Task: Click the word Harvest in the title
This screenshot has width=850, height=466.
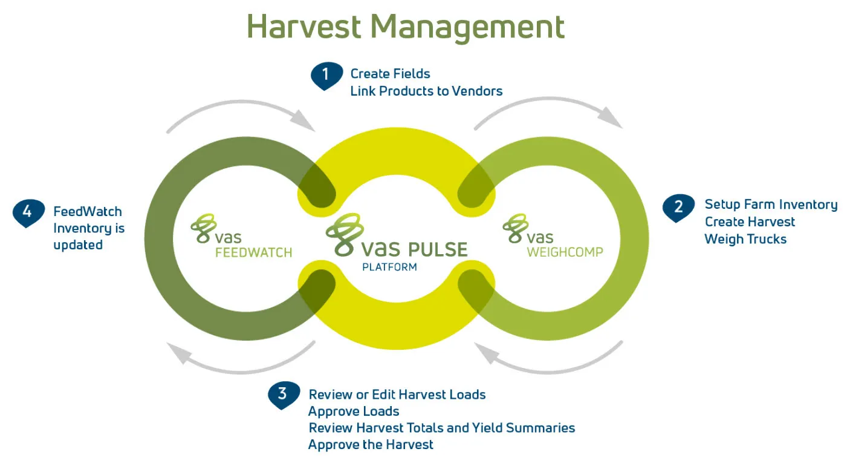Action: [304, 27]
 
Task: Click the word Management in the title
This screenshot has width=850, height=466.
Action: [467, 28]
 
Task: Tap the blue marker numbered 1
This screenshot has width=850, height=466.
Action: [326, 76]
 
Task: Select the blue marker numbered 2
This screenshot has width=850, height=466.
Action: [678, 208]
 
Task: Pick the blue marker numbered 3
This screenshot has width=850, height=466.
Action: [284, 395]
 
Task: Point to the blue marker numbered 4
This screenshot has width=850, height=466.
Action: [28, 213]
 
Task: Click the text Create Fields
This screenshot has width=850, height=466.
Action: [390, 74]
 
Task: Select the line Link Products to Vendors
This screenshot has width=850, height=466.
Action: [426, 91]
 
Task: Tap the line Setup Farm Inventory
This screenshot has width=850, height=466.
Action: [771, 205]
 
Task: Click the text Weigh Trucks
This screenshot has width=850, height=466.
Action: [745, 239]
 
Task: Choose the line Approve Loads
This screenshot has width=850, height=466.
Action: [354, 412]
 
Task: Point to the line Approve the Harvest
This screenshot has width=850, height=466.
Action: [371, 444]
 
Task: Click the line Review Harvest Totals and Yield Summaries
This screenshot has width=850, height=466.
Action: [442, 428]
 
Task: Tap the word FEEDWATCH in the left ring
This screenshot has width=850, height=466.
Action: [253, 252]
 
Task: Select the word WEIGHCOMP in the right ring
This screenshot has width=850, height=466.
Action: [565, 252]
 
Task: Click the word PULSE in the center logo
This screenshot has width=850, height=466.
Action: [438, 249]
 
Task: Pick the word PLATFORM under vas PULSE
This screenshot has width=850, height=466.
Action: [389, 267]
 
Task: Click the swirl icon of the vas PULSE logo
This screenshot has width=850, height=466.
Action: [345, 234]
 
